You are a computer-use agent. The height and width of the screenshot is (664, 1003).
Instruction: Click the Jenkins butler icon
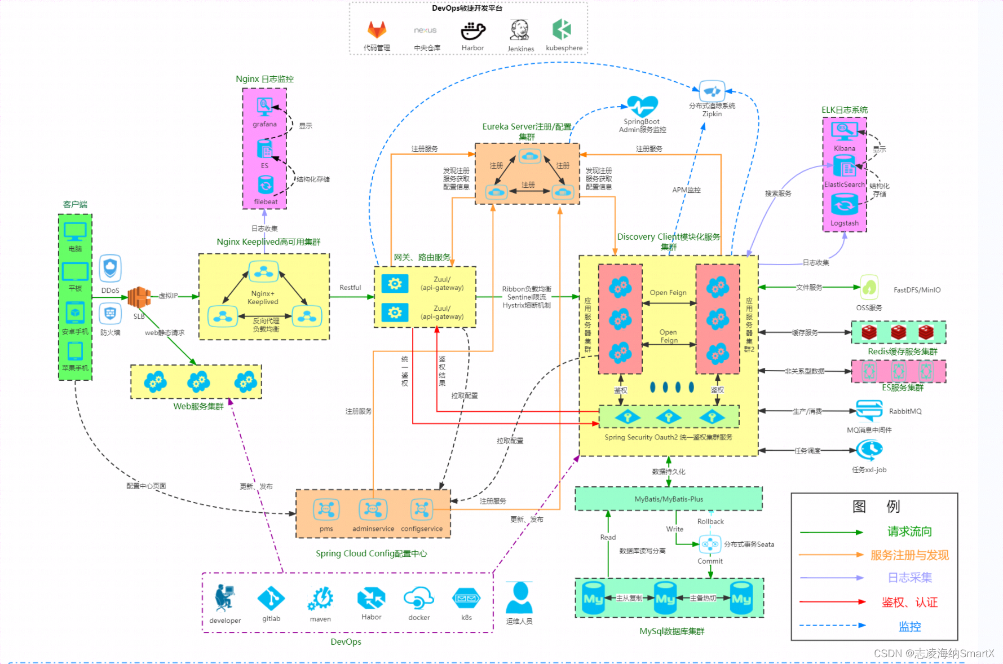coord(519,30)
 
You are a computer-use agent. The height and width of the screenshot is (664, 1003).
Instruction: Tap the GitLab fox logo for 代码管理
coord(377,30)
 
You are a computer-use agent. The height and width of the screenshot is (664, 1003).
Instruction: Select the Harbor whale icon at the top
coord(472,31)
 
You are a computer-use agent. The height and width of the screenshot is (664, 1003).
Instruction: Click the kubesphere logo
coord(562,30)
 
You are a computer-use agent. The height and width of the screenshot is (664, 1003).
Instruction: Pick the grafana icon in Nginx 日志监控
coord(264,107)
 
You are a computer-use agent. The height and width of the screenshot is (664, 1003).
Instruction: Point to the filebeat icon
coord(266,185)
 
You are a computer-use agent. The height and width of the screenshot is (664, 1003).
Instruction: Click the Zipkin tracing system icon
coord(712,91)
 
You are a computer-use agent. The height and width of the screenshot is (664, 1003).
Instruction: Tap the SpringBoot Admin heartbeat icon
coord(642,106)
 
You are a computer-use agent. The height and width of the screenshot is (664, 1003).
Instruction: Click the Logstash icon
coord(844,205)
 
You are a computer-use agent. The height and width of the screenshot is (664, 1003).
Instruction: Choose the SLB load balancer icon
coord(139,297)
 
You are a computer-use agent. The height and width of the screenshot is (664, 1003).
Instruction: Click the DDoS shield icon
coord(111,268)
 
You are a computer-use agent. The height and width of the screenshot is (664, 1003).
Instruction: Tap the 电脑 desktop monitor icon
coord(75,231)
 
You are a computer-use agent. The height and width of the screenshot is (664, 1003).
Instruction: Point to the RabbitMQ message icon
coord(869,410)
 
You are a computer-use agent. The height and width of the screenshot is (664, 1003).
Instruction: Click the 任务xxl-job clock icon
coord(869,450)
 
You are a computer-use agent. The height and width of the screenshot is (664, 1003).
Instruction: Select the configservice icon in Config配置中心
coord(421,509)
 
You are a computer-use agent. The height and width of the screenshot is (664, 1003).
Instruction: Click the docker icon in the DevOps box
coord(418,598)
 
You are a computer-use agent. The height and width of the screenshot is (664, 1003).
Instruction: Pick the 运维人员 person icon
coord(519,599)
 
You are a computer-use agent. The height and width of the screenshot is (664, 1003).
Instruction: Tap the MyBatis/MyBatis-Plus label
coord(669,499)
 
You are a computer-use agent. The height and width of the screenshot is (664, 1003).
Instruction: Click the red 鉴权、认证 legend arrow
coord(832,602)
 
